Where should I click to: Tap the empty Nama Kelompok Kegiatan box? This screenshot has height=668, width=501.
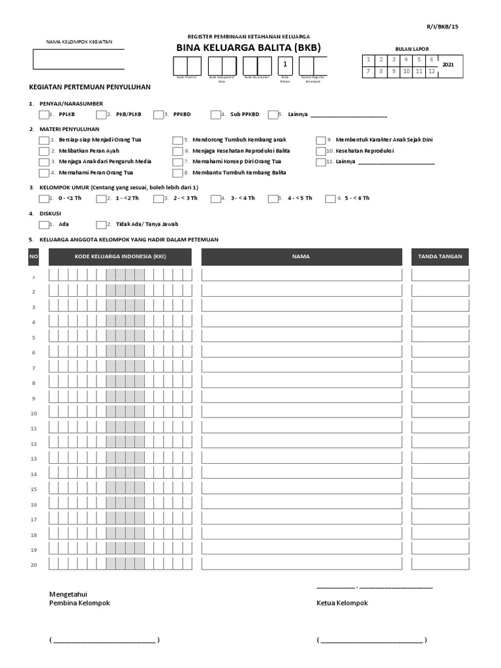tap(78, 59)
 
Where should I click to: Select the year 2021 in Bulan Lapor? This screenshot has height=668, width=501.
tap(448, 65)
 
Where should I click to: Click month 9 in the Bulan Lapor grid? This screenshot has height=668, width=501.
tap(393, 71)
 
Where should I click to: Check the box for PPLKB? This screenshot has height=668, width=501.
tap(44, 115)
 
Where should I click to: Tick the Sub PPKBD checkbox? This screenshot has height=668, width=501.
tap(216, 115)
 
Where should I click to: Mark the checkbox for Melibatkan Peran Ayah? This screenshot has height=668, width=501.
tap(44, 151)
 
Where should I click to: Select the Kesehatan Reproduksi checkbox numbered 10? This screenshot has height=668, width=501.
tap(321, 151)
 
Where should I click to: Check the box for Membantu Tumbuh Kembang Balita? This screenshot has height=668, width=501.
tap(177, 173)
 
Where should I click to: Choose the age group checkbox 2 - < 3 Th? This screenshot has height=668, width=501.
tap(159, 198)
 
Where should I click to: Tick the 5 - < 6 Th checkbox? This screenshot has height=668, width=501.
tap(330, 198)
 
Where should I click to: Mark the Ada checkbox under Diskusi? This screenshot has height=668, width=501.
tap(44, 224)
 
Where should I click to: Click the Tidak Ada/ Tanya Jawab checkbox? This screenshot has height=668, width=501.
tap(101, 224)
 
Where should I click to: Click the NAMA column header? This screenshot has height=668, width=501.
tap(301, 257)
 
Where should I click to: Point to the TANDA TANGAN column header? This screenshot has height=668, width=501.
tap(440, 257)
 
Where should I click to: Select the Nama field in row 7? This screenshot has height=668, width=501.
tap(301, 368)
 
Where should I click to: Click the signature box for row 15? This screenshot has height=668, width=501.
tap(440, 489)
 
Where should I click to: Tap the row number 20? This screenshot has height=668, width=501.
tap(33, 564)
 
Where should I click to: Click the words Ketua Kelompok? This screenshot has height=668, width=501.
tap(342, 603)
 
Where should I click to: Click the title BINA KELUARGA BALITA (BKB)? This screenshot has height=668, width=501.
tap(249, 48)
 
